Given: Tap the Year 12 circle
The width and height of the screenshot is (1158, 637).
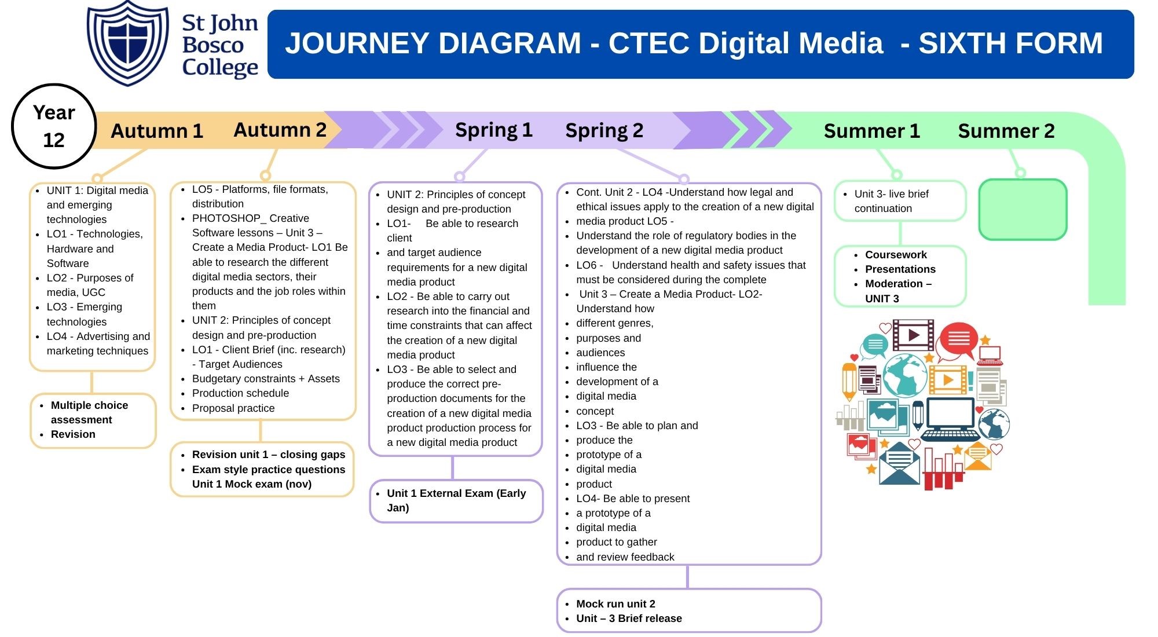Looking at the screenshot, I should (54, 126).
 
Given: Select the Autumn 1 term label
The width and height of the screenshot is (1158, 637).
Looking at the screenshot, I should (157, 131).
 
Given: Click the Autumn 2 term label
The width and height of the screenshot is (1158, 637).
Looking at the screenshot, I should (280, 130).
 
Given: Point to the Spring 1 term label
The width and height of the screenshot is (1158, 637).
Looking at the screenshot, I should (493, 130).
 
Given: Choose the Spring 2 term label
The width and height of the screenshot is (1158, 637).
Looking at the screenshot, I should (604, 130).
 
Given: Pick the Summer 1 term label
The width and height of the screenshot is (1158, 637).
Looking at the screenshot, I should (871, 131).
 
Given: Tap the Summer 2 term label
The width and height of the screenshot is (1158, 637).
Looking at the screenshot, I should (1006, 131).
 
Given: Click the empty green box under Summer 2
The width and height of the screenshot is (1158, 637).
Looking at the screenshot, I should (1023, 210).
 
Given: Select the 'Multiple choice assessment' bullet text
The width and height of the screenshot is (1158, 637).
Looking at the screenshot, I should (89, 412).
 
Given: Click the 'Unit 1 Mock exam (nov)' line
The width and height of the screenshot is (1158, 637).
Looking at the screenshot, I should (252, 484).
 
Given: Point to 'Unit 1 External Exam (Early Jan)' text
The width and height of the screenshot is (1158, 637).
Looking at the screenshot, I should (456, 500).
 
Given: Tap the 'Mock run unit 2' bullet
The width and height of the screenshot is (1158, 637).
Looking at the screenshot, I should (615, 604).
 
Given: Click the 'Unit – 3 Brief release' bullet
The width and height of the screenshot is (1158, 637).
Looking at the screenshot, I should (629, 618).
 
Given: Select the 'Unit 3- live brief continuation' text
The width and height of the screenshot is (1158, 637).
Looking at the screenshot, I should (891, 201).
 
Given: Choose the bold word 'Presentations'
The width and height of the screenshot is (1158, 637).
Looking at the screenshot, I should (900, 269).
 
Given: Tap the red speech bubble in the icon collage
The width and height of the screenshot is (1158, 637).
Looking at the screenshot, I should (958, 339).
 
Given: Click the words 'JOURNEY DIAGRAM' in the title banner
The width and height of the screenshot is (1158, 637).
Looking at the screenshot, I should (433, 43).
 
